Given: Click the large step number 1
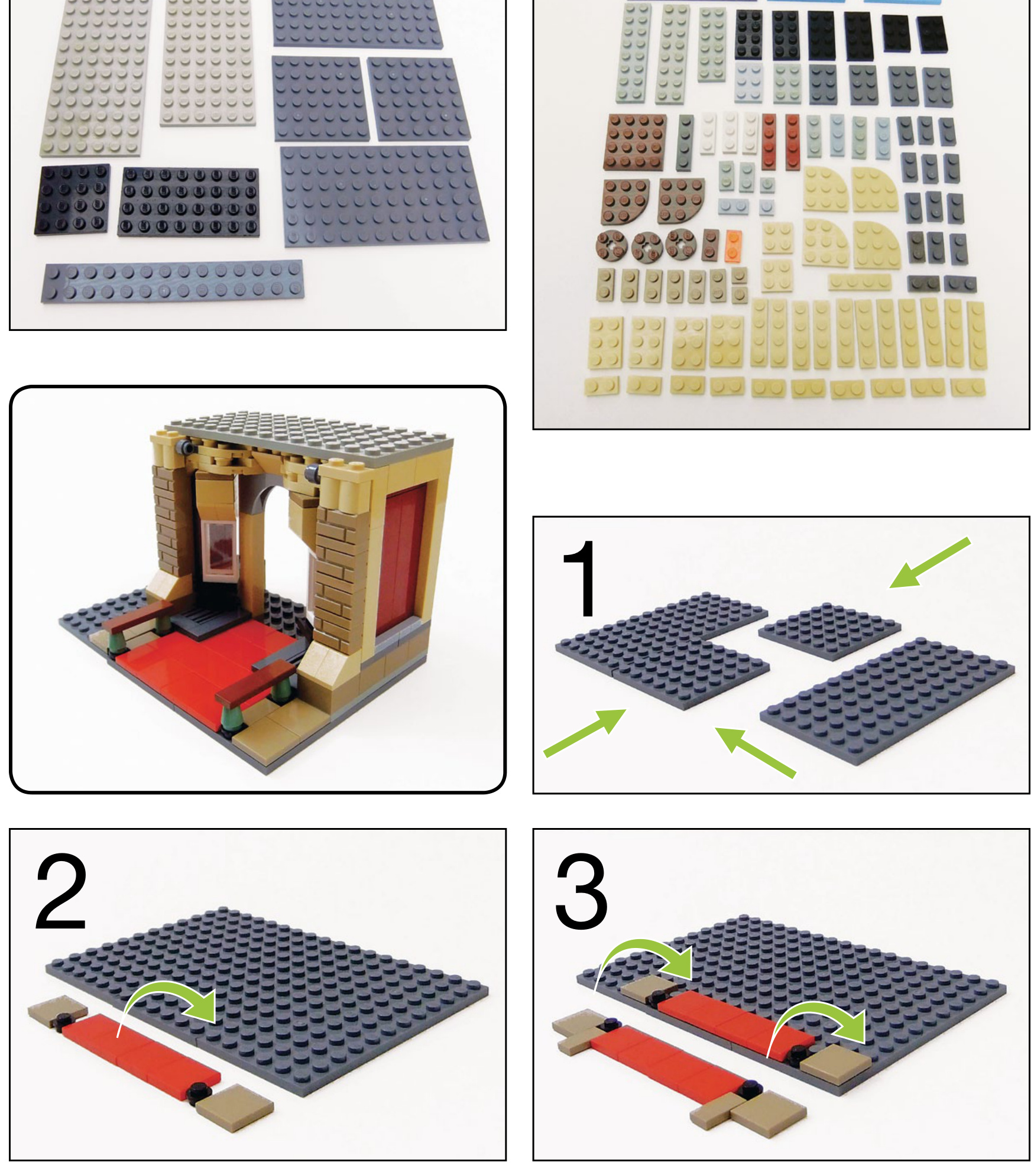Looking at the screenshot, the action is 581,579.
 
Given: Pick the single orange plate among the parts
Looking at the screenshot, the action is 732,246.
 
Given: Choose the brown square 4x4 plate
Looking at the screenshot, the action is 635,141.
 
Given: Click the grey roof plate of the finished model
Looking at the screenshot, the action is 307,434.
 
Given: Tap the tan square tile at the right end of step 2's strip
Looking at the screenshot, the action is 235,1107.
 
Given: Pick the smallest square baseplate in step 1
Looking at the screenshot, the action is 829,631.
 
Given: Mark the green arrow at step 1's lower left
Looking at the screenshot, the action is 585,733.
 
